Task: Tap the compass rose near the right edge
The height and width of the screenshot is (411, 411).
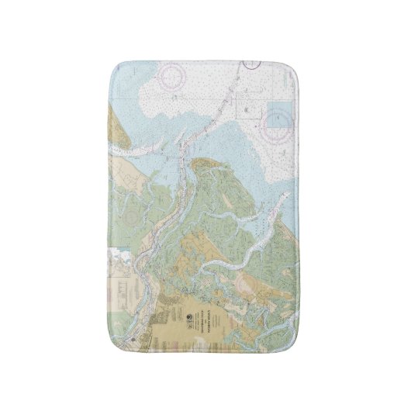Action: point(277,119)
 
